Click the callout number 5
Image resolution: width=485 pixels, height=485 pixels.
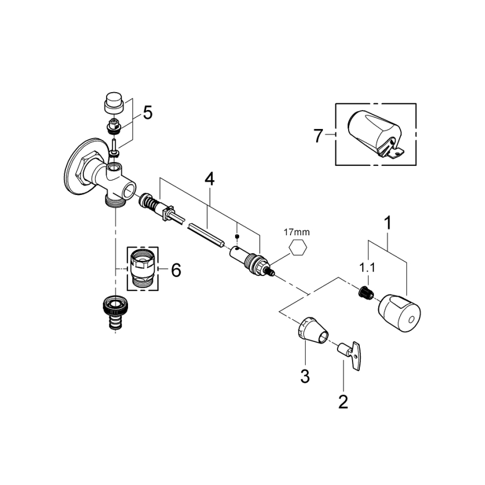point(148,113)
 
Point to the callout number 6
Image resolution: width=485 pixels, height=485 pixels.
point(175,270)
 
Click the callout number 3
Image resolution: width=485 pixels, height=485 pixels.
point(305,377)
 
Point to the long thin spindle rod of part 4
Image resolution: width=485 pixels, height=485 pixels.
point(205,234)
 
